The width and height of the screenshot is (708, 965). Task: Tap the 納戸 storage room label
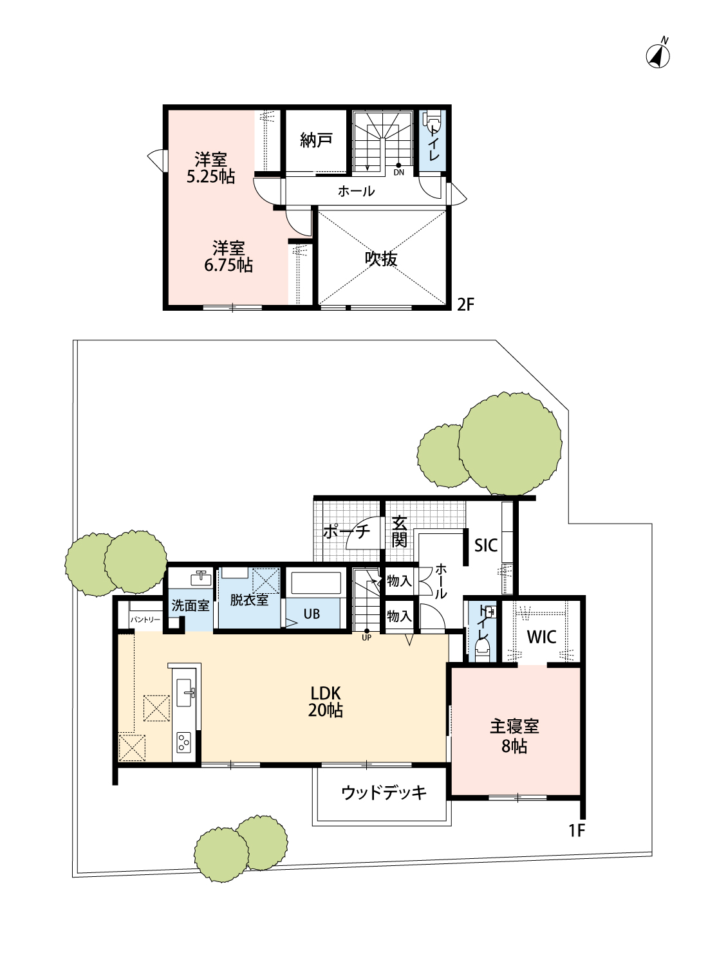(316, 140)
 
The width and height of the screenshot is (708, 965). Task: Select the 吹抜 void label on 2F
(381, 259)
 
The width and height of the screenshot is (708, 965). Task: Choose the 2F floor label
(465, 304)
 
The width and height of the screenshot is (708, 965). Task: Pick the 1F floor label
(577, 830)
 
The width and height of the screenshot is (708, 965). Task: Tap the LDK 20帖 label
(325, 702)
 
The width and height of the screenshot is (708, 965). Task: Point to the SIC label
(486, 546)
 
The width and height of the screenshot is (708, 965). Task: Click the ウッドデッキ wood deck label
(384, 793)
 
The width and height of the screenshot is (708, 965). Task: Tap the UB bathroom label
(312, 614)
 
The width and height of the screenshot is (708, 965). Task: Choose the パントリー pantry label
(145, 620)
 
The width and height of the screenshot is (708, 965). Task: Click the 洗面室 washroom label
(190, 606)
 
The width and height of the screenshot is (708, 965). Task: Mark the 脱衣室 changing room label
(249, 600)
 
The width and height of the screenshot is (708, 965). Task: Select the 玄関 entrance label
(399, 532)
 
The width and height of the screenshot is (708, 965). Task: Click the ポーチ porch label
(346, 531)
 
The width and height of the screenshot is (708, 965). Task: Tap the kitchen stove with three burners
(183, 742)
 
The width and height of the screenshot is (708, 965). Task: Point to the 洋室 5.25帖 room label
(210, 168)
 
